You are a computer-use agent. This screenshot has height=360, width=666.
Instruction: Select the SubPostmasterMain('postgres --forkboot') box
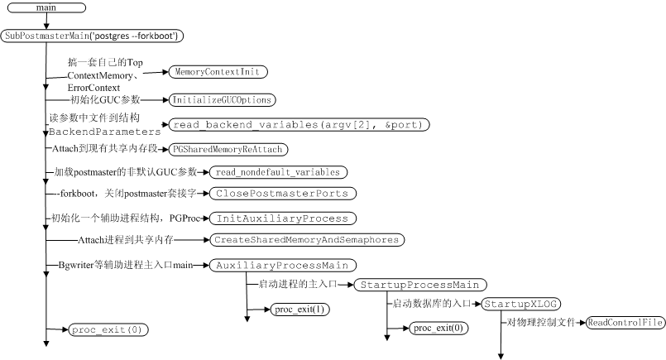(x=93, y=36)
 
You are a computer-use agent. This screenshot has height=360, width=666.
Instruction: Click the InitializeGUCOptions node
(x=222, y=100)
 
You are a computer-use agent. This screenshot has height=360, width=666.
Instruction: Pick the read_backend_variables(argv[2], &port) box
(x=299, y=125)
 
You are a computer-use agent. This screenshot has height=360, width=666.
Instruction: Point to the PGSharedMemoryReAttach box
(x=228, y=149)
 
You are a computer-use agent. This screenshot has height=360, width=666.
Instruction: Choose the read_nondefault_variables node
(x=276, y=172)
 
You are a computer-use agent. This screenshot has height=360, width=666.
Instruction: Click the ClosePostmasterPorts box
(x=283, y=194)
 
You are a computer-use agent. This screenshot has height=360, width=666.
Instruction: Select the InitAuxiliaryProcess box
(x=282, y=219)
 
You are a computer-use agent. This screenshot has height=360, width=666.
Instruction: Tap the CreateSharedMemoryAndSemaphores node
(x=306, y=240)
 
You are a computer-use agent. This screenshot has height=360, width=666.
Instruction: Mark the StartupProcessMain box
(x=420, y=286)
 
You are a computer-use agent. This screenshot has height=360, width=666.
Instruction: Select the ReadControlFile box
(x=625, y=323)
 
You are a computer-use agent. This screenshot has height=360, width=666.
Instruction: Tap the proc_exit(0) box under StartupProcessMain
(x=438, y=328)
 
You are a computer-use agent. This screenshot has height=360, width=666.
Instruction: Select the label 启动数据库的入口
(x=430, y=304)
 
